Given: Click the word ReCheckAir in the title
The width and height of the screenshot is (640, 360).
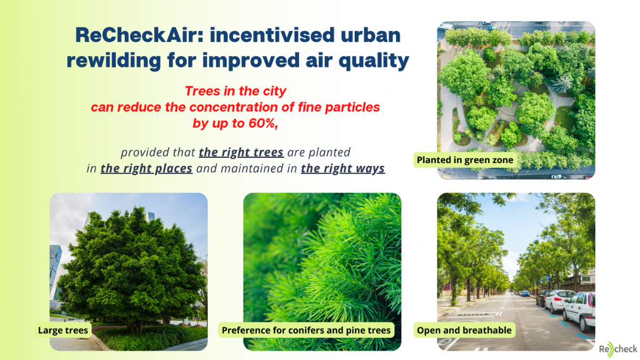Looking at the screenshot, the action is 139,35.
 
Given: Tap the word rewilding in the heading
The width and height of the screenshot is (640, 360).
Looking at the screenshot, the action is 114,61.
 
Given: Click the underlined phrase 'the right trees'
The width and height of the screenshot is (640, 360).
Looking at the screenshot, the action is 242,152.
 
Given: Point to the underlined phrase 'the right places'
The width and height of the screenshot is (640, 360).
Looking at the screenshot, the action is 146,169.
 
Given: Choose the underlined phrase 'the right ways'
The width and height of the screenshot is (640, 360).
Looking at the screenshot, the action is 343,169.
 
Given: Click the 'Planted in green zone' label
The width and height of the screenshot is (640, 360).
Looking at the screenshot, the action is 465,159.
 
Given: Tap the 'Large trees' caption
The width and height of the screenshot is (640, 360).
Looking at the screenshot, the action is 63,330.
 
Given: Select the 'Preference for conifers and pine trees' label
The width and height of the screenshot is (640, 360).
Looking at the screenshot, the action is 306,330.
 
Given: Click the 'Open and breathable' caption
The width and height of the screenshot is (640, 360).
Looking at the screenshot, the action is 465,330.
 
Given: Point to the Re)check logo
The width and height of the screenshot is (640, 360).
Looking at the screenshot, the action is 618,349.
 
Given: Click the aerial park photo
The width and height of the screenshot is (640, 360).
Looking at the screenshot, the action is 516,100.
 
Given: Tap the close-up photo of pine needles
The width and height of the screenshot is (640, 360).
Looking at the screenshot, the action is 322,271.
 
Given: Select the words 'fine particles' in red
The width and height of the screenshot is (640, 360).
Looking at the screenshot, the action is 339,107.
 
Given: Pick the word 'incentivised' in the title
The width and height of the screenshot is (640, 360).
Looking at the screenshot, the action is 272,35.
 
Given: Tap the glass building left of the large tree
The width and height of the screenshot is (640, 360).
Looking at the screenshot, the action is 55,271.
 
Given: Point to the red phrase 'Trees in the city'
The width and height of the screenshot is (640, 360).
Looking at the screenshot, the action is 235,91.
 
